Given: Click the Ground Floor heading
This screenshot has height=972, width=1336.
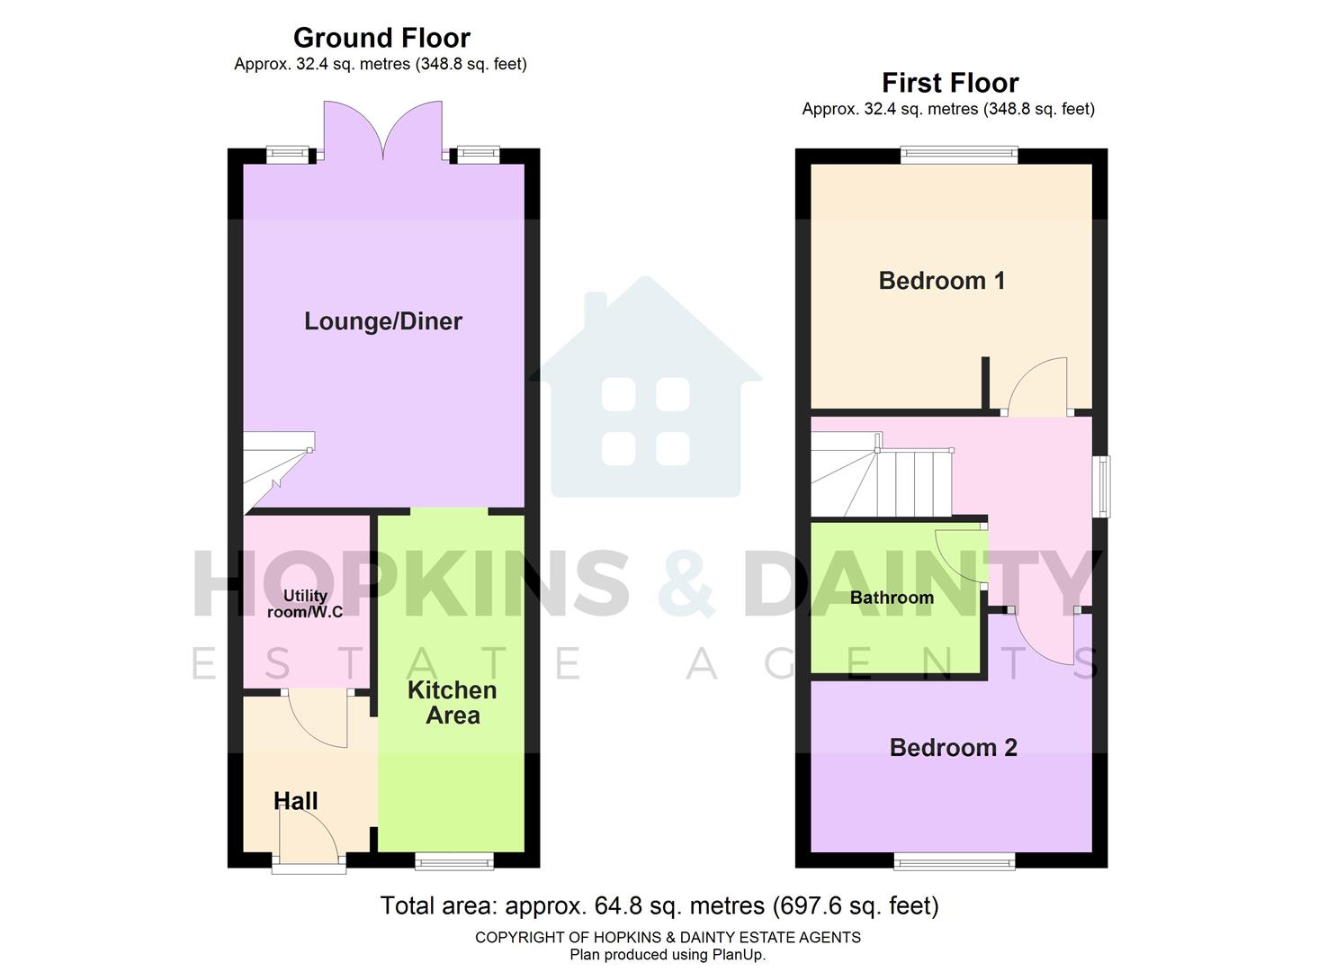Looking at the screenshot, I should click(x=381, y=38).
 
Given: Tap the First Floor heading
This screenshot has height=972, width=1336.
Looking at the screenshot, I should click(x=950, y=83).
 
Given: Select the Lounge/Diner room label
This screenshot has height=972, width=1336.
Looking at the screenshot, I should click(x=383, y=321).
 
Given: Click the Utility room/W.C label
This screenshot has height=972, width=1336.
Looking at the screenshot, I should click(x=305, y=604).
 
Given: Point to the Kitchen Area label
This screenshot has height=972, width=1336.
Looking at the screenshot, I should click(x=452, y=703).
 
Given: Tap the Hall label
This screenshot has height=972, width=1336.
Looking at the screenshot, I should click(x=295, y=801).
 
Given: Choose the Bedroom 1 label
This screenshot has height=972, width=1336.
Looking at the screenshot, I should click(x=942, y=281).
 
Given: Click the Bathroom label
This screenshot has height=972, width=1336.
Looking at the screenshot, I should click(x=892, y=598).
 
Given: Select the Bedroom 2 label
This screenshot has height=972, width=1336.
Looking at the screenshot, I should click(x=953, y=748).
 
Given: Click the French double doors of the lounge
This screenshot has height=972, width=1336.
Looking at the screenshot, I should click(x=383, y=131).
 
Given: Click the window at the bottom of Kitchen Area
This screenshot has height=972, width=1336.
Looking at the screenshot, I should click(x=454, y=862).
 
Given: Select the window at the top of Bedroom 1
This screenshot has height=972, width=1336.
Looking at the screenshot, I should click(x=959, y=155).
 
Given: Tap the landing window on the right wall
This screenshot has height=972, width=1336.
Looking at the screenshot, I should click(x=1102, y=487).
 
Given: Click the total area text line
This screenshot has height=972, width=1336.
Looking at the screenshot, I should click(x=659, y=905).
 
